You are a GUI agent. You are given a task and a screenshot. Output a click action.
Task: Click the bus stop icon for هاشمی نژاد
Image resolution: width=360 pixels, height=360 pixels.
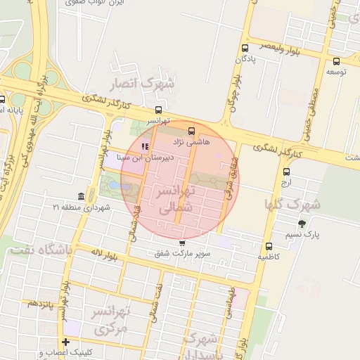(x=192, y=131)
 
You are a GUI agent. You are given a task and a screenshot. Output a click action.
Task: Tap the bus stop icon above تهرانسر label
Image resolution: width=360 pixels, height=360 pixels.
(x=158, y=110)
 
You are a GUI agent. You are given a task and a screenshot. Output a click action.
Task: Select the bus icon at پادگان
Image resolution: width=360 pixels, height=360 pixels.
(x=245, y=49)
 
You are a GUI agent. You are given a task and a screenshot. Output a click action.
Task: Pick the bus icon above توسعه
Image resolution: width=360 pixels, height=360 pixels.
(x=336, y=60)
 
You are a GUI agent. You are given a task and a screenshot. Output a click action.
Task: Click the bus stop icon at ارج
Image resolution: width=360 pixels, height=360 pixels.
(x=286, y=172)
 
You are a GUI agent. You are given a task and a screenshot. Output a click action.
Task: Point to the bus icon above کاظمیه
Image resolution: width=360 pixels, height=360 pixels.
(x=269, y=246)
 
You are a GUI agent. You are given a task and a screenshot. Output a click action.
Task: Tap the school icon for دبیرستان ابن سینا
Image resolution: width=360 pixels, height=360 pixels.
(x=145, y=147)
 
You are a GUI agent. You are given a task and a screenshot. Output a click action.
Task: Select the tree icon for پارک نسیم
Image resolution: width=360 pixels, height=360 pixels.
(x=302, y=224)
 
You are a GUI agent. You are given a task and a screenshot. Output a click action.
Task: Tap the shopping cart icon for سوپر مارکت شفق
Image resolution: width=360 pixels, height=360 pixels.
(x=183, y=243)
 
